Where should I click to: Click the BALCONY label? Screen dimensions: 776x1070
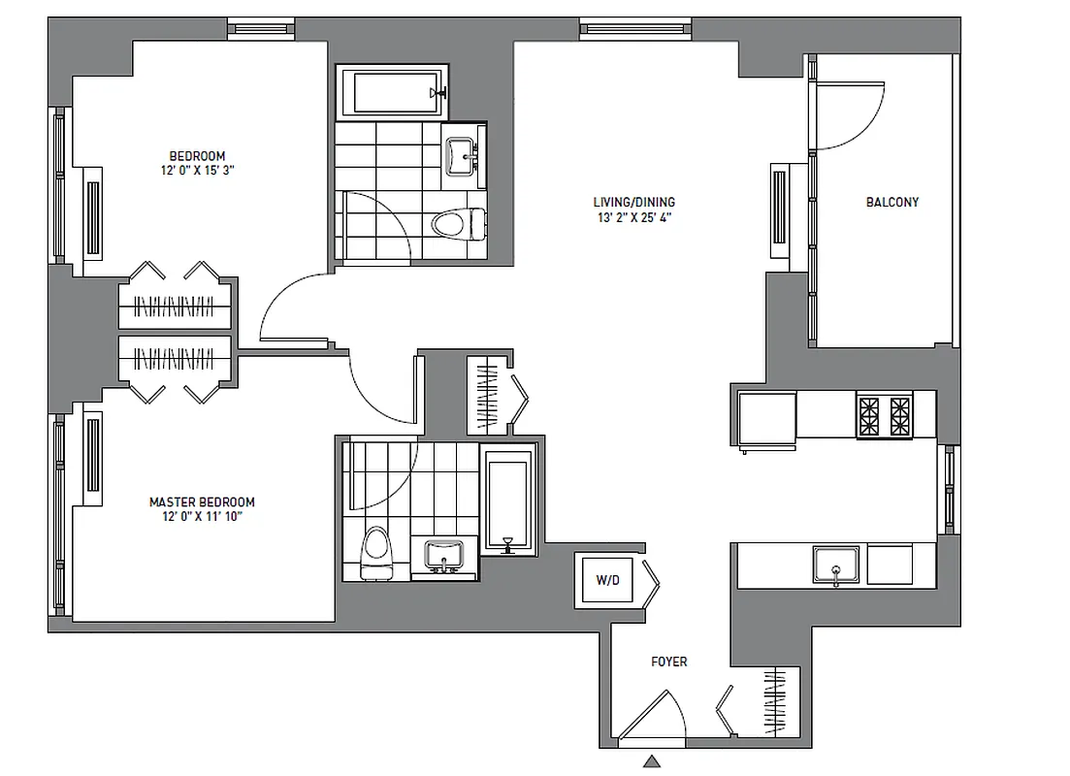point(892,203)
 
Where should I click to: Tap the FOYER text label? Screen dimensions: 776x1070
point(668,662)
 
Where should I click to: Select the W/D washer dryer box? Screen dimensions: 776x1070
point(607,581)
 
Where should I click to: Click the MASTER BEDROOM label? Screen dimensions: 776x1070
point(202,502)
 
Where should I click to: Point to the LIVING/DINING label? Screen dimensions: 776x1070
point(634,203)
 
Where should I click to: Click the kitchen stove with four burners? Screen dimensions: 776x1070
point(884,415)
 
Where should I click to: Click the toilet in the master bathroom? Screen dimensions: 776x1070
point(373,555)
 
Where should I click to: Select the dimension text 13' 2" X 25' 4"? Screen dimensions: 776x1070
point(634,218)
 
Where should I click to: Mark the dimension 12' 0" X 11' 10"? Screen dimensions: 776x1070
point(202,517)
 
